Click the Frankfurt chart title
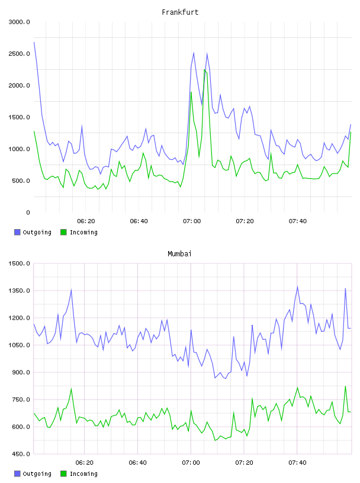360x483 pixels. tap(180, 12)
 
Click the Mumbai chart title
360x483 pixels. tap(179, 254)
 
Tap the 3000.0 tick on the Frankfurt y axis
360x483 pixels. tap(19, 22)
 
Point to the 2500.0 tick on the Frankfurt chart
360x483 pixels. tap(19, 54)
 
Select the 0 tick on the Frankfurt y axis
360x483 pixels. tap(28, 212)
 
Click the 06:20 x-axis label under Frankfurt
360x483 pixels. tap(86, 221)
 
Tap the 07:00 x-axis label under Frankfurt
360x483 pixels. tap(192, 221)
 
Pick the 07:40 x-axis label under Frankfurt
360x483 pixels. tap(298, 221)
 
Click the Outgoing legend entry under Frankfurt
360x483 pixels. tap(33, 232)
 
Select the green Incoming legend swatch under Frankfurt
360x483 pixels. tap(63, 232)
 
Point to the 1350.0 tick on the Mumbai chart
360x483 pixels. tap(19, 291)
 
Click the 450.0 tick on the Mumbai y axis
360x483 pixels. tap(19, 454)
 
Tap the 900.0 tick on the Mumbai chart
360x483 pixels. tap(19, 372)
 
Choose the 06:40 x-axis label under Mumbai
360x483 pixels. tap(138, 462)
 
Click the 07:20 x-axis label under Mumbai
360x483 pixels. tap(245, 462)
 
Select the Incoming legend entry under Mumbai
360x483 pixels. tap(79, 474)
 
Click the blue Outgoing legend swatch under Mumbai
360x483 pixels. tap(17, 474)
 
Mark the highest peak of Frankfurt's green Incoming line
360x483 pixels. tap(204, 70)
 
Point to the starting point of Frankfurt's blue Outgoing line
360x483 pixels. tap(34, 42)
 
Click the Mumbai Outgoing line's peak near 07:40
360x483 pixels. tap(297, 286)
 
